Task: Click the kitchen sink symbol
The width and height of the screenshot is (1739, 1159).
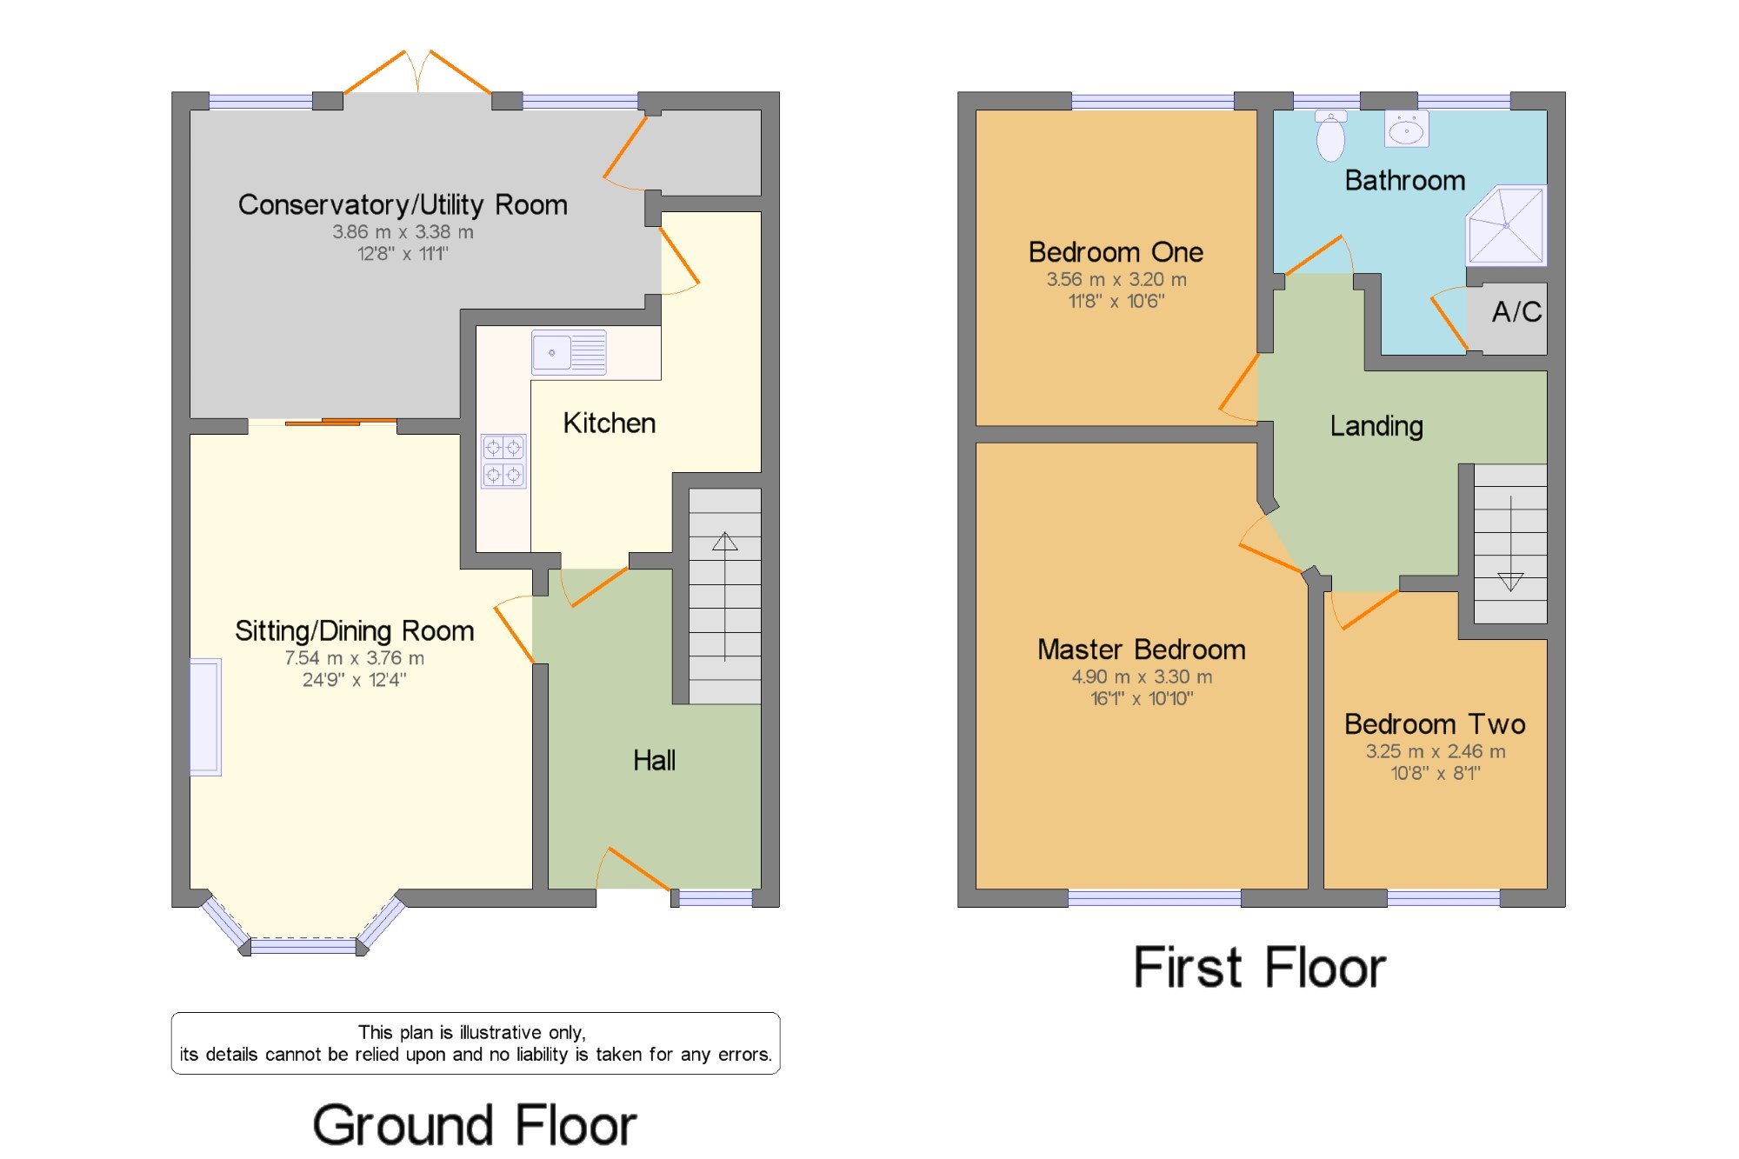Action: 569,352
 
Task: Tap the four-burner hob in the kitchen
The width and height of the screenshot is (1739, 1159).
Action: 503,461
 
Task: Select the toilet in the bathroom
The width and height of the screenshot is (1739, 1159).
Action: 1330,136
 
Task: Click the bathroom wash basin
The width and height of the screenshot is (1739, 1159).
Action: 1406,130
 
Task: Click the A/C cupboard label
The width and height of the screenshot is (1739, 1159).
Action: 1516,311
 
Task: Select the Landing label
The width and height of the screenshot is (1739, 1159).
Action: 1376,426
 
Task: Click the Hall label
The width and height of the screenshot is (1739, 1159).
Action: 654,760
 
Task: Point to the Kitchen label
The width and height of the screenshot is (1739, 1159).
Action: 609,423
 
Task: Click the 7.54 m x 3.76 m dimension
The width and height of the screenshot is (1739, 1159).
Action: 355,658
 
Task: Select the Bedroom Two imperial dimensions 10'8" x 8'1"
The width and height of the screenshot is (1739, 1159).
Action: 1436,773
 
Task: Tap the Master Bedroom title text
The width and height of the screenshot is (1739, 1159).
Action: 1141,649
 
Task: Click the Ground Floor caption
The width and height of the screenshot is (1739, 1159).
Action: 475,1125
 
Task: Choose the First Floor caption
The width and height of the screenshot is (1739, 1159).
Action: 1260,968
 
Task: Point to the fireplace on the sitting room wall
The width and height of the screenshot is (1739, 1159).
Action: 205,716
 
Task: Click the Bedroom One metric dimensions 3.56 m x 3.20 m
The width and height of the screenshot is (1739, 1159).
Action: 1116,280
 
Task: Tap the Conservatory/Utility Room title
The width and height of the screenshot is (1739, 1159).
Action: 403,205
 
